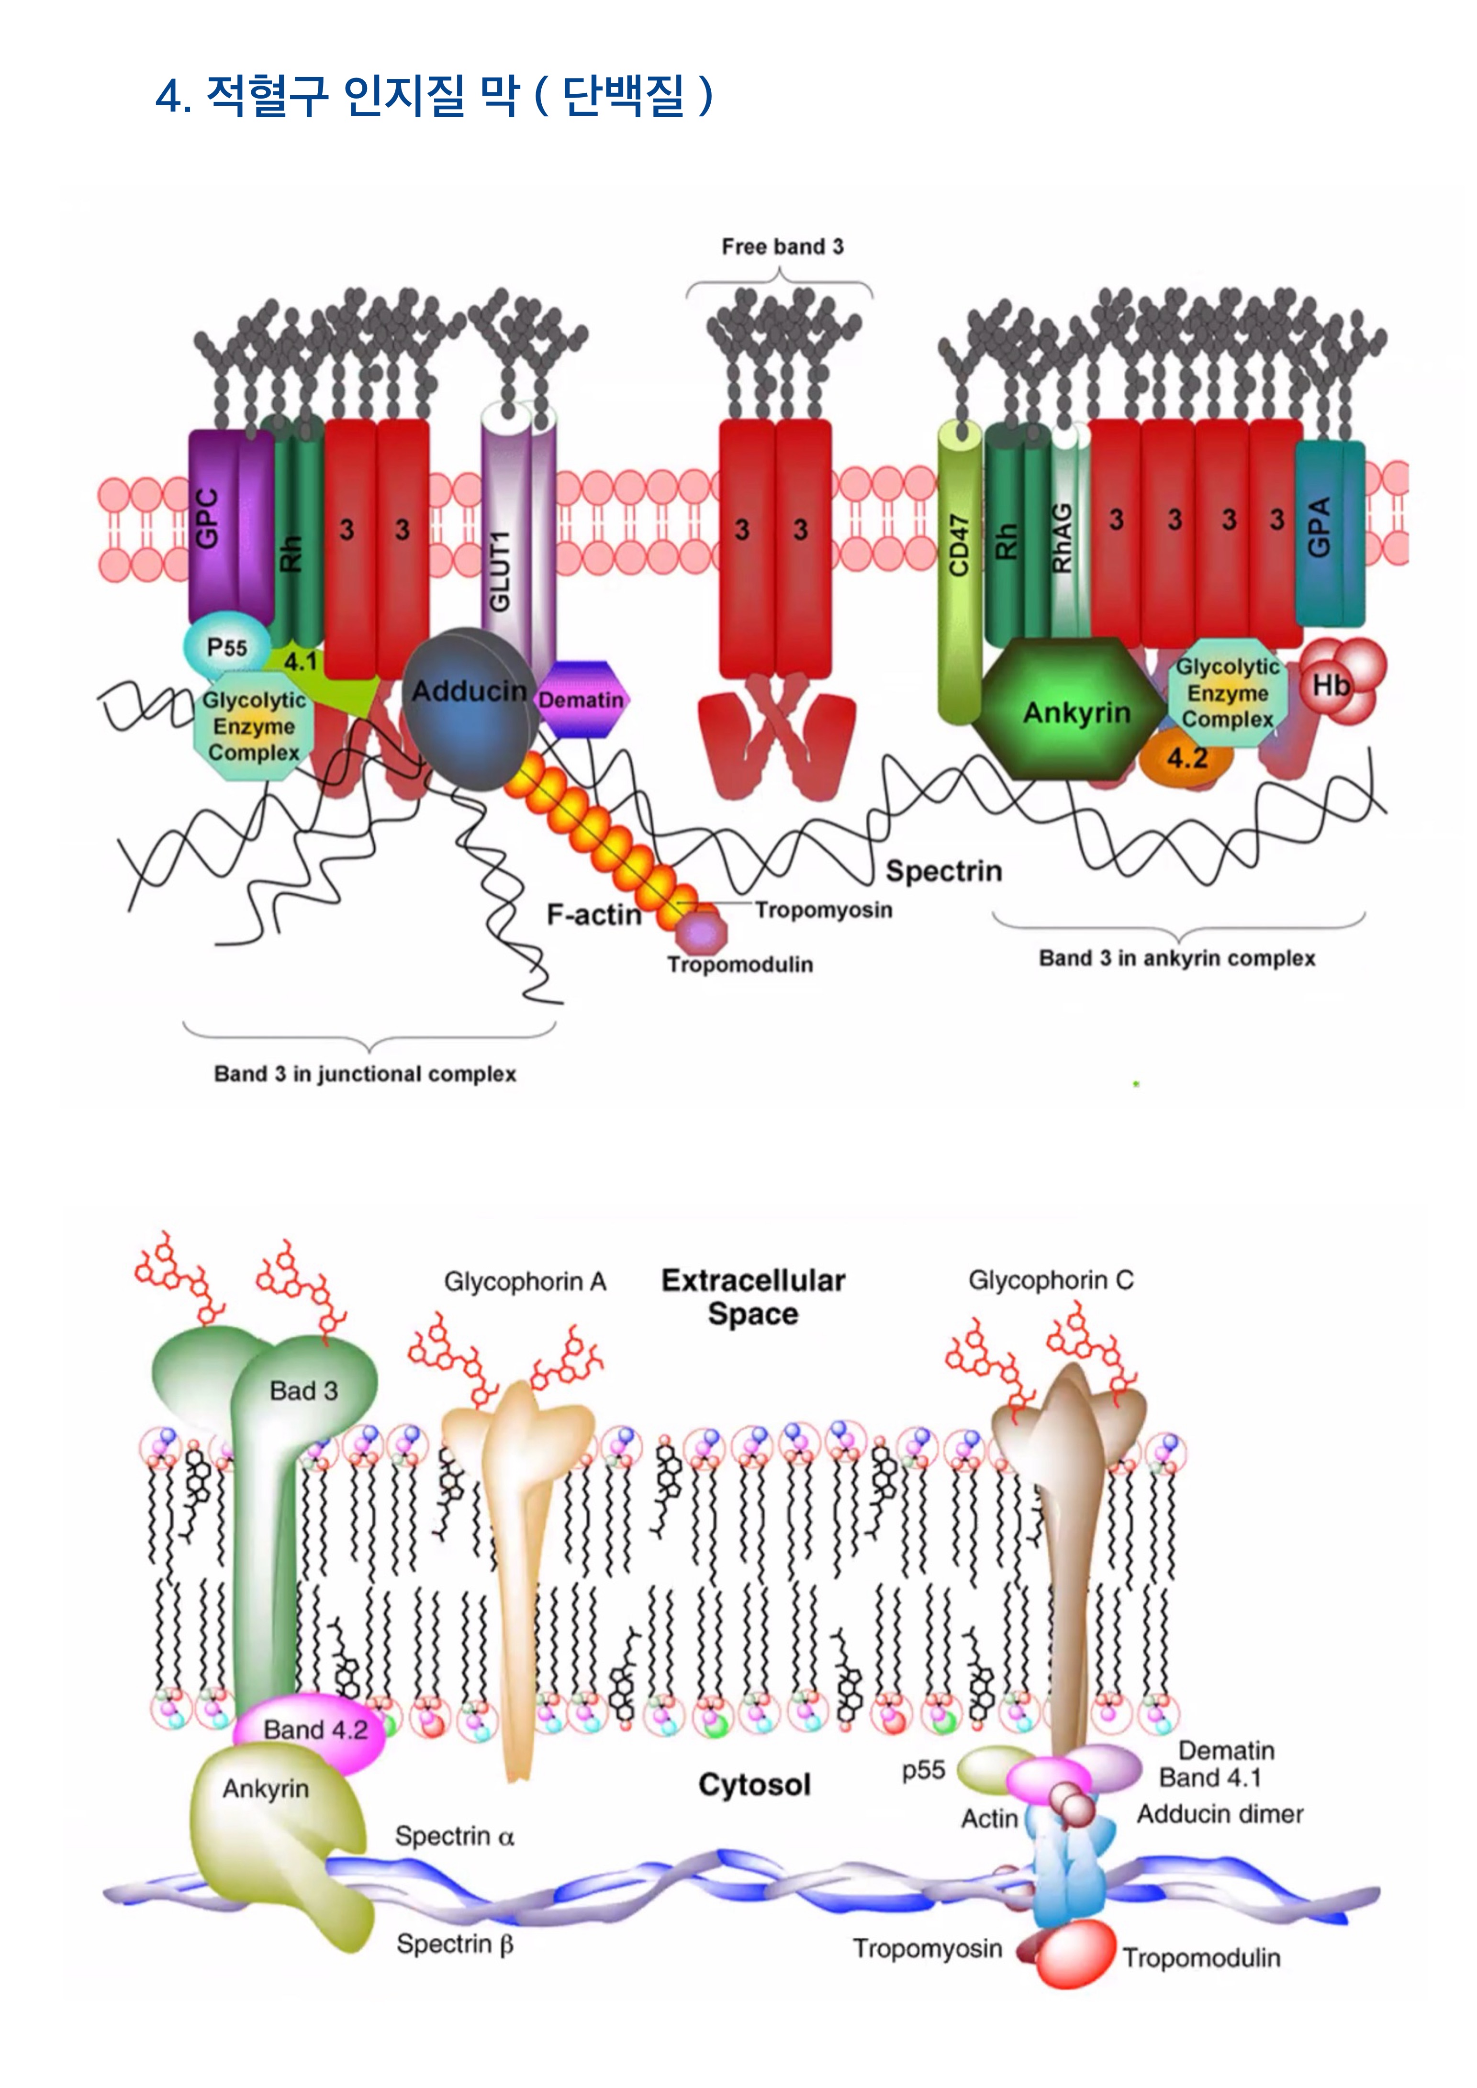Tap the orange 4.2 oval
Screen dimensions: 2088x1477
click(x=1187, y=757)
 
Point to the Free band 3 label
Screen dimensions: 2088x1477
click(x=782, y=246)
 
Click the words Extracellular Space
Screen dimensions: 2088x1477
click(x=753, y=1297)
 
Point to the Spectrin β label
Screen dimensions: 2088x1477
click(x=455, y=1944)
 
